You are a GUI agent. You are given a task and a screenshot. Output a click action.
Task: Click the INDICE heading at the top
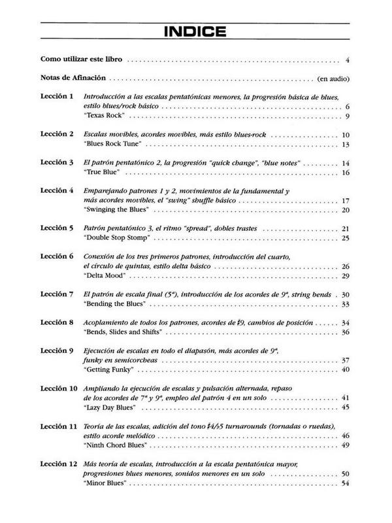click(196, 31)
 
